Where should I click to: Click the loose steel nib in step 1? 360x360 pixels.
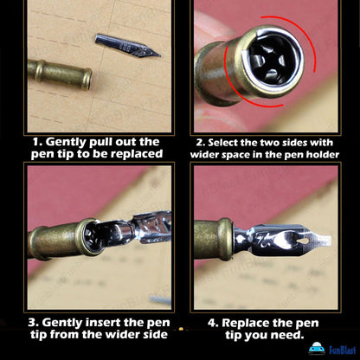pyautogui.click(x=127, y=46)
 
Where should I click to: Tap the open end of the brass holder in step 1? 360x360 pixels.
pyautogui.click(x=87, y=79)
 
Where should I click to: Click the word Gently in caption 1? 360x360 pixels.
pyautogui.click(x=66, y=142)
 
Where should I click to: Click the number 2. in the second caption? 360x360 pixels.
pyautogui.click(x=201, y=143)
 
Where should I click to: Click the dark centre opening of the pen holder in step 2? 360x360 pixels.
pyautogui.click(x=270, y=61)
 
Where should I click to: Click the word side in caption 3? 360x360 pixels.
pyautogui.click(x=156, y=335)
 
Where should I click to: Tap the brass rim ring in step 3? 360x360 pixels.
pyautogui.click(x=87, y=236)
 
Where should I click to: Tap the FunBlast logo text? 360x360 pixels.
pyautogui.click(x=342, y=350)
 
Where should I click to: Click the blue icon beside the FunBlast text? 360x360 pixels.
pyautogui.click(x=317, y=349)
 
